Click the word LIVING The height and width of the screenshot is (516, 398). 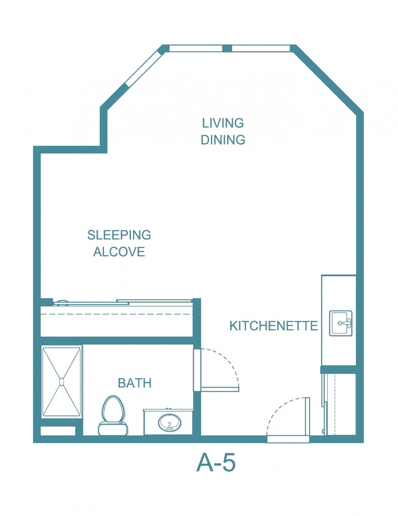(223, 123)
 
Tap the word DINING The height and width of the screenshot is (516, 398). (223, 140)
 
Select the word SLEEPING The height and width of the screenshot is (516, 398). (119, 235)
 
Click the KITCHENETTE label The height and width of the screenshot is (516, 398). (274, 326)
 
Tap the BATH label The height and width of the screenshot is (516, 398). (135, 383)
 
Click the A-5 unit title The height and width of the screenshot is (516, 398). (216, 462)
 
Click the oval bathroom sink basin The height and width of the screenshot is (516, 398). (169, 423)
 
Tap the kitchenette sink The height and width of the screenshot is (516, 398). (341, 323)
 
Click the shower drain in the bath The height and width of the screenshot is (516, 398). (61, 382)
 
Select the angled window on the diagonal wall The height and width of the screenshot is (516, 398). (143, 69)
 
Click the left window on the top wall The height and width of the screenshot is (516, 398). (196, 48)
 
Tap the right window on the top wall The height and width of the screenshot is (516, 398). (261, 48)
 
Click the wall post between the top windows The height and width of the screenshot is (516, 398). (227, 48)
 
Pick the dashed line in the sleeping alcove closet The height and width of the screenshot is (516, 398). (117, 314)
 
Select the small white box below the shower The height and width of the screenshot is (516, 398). (58, 431)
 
